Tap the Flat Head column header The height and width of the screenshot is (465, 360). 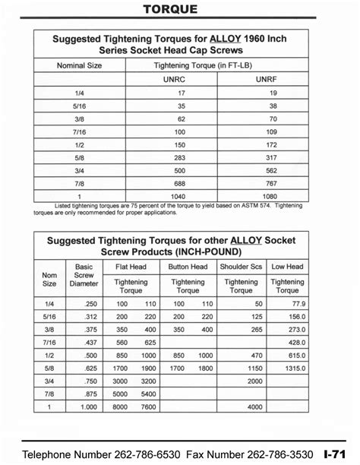point(135,267)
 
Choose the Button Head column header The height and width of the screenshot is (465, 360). point(188,267)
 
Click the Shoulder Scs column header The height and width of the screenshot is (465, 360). point(241,267)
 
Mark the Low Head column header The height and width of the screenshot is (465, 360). point(288,267)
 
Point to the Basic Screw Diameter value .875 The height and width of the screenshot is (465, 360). point(90,394)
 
